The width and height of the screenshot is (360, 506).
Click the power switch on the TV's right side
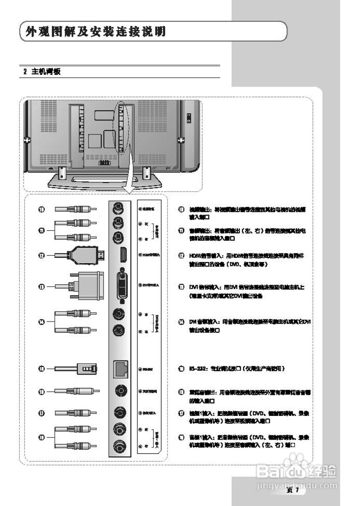click(x=189, y=117)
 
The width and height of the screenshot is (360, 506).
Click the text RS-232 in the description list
click(x=196, y=368)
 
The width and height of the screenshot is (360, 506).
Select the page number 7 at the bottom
click(x=296, y=491)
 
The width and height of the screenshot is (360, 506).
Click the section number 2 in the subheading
click(x=25, y=72)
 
